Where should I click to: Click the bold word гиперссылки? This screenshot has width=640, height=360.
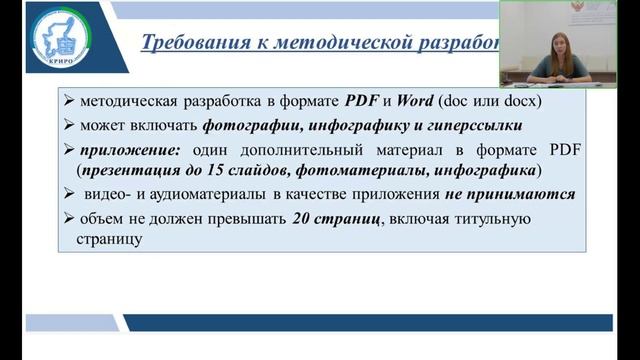point(475,126)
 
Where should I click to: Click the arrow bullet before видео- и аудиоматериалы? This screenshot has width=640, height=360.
point(68,194)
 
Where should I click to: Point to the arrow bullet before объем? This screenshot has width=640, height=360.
point(68,220)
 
